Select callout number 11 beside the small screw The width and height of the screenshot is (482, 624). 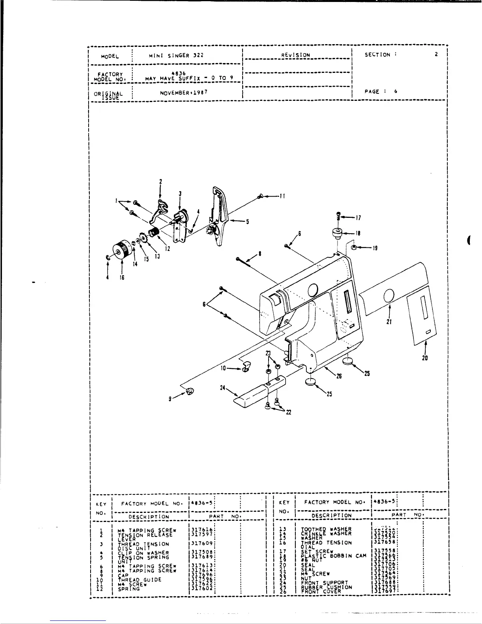[282, 196]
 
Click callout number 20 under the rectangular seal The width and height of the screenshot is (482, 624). [425, 358]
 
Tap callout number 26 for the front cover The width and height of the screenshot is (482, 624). [339, 376]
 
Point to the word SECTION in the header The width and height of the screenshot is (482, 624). [377, 55]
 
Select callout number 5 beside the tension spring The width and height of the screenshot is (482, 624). [247, 221]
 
